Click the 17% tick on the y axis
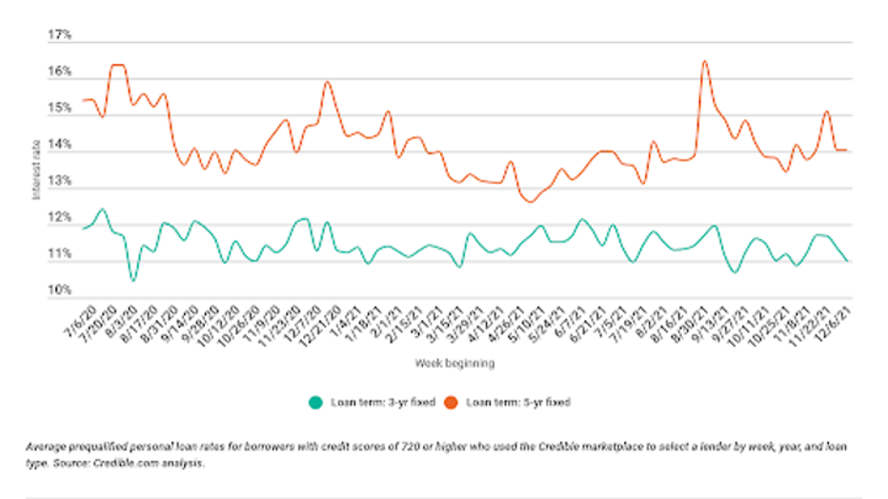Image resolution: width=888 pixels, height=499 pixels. (59, 35)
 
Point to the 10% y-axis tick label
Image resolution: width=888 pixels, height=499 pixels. (59, 290)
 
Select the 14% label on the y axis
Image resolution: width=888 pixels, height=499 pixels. (59, 144)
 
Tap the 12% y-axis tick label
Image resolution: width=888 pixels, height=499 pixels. (59, 218)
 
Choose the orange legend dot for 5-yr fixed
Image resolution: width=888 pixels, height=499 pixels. (453, 403)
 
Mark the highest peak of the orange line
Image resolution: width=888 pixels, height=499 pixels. (704, 62)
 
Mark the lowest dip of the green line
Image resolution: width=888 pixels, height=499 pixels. (133, 280)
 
